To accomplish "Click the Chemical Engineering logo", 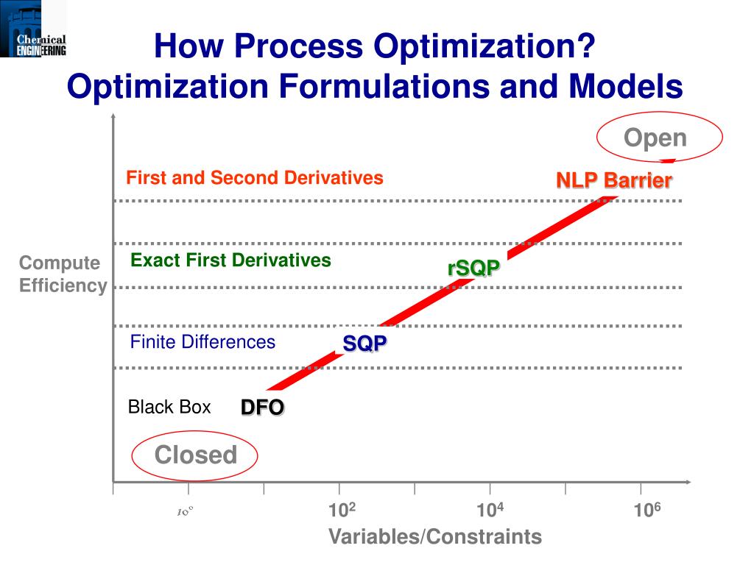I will (33, 29).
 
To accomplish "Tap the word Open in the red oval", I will (655, 138).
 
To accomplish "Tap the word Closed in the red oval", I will (195, 455).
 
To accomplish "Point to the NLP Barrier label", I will (613, 180).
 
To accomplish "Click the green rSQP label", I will (473, 269).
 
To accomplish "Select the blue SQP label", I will (364, 344).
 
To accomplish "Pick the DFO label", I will (262, 408).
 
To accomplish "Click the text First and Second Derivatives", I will (255, 178).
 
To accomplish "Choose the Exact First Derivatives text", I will (230, 260).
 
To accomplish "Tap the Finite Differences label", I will (202, 342).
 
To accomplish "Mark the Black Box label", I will (169, 407).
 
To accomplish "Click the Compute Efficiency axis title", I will (63, 274).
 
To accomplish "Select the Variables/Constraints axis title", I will (434, 537).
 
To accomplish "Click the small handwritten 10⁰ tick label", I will (184, 511).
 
